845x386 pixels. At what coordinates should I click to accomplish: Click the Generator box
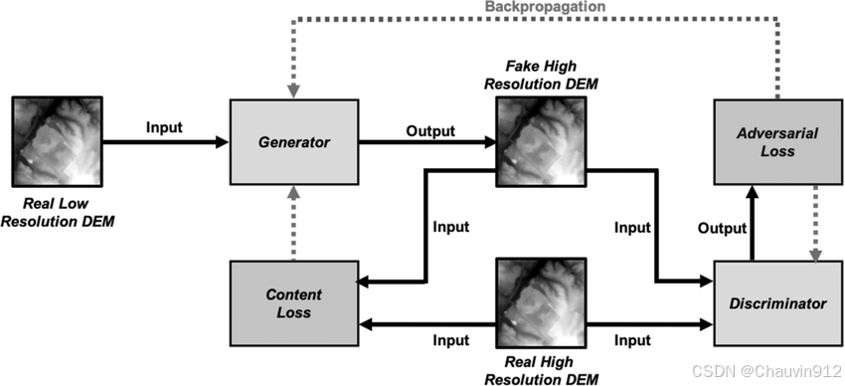coord(294,141)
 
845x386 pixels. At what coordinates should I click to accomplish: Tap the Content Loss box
coord(294,302)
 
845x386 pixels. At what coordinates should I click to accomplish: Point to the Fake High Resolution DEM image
coord(541,140)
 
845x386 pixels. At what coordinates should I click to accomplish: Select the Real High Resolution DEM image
coord(541,302)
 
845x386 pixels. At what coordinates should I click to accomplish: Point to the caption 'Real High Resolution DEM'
coord(541,370)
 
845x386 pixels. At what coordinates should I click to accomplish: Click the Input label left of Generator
coord(165,126)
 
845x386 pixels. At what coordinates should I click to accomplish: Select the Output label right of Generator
coord(429,129)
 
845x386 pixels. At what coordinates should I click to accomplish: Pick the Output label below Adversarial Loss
coord(720,228)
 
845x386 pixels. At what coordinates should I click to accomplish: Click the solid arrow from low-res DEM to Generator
coord(165,142)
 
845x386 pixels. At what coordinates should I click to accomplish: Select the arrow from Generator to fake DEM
coord(427,142)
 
